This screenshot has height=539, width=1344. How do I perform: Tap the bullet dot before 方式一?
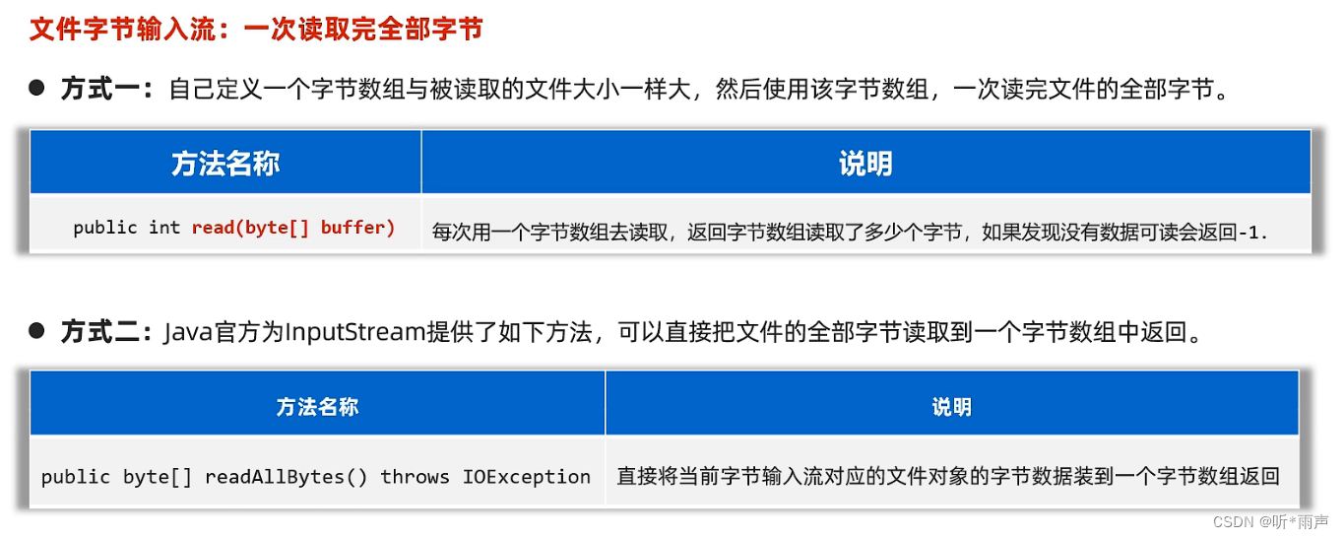(37, 88)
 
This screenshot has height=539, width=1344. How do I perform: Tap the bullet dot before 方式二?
(37, 330)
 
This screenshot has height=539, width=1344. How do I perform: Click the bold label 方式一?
(103, 89)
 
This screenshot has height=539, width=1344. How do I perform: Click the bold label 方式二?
(103, 332)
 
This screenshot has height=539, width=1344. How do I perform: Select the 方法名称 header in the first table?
(225, 164)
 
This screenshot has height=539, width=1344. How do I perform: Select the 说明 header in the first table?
(865, 164)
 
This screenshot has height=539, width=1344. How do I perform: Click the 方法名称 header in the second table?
(317, 407)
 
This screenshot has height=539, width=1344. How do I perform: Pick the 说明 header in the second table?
(951, 407)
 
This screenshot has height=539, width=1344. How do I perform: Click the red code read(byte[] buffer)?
(293, 228)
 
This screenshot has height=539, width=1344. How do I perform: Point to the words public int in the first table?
(127, 228)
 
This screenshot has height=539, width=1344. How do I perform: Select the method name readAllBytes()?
(286, 477)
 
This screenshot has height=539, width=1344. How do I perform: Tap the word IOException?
(527, 477)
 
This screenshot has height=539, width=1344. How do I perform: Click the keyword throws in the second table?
(415, 477)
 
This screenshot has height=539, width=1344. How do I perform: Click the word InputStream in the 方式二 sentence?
(354, 332)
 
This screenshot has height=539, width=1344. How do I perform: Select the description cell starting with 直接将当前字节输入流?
(947, 477)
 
